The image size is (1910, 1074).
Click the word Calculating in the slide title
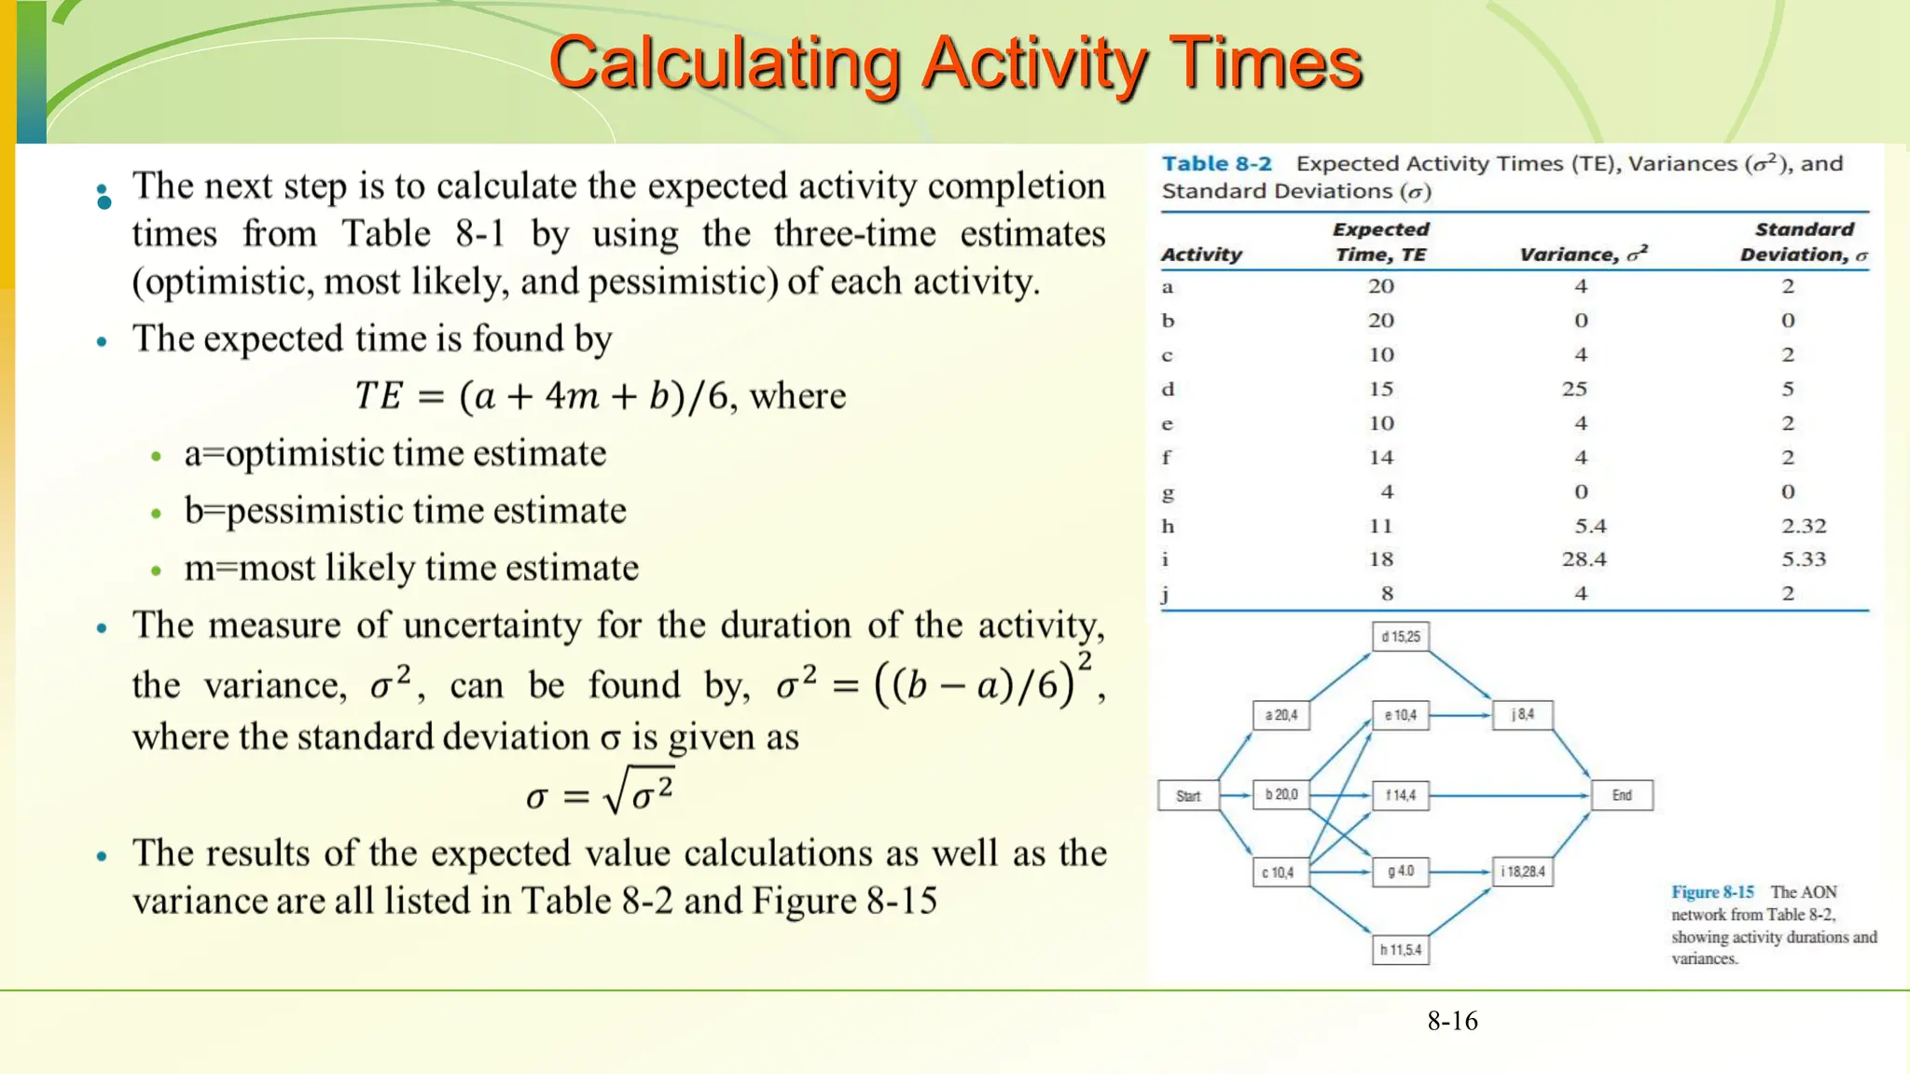point(725,63)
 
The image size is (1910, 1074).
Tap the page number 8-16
point(1452,1021)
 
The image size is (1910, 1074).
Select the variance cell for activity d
point(1574,389)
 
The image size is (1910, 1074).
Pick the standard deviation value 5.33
point(1803,559)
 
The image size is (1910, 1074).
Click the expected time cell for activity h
point(1380,526)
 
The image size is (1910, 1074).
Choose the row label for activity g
point(1168,492)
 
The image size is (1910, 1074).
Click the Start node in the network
point(1187,796)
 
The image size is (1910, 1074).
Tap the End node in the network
point(1622,795)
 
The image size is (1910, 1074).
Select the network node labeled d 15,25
point(1401,637)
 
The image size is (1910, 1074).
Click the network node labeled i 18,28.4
point(1522,872)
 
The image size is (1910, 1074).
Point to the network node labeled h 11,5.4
point(1401,950)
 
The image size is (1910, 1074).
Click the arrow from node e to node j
point(1460,715)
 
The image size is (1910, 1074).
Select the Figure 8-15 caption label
point(1712,892)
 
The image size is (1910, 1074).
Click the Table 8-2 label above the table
point(1216,164)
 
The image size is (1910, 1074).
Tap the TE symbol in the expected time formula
point(378,396)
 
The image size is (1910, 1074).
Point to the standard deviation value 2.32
point(1803,526)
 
